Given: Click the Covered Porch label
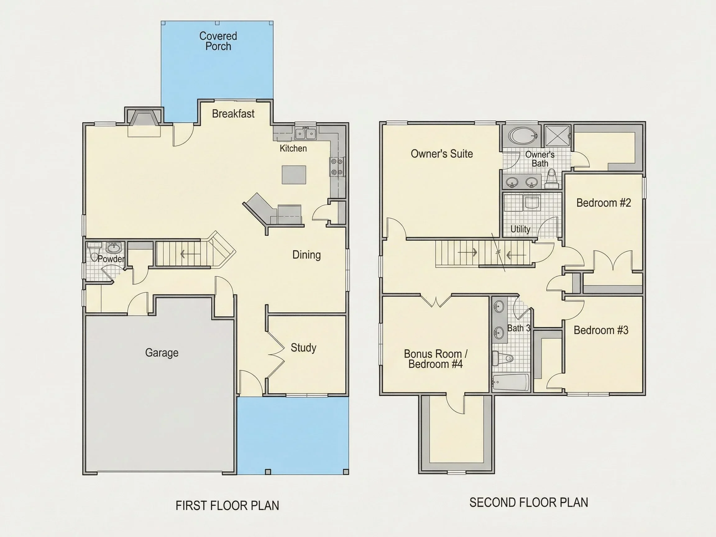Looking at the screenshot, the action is pyautogui.click(x=218, y=41).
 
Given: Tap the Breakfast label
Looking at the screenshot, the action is pyautogui.click(x=233, y=114).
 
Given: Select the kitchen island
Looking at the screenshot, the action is pyautogui.click(x=294, y=175).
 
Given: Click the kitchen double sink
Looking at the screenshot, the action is pyautogui.click(x=305, y=134).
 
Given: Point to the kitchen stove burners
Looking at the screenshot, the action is pyautogui.click(x=337, y=167).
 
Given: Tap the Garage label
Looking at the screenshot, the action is pyautogui.click(x=162, y=352).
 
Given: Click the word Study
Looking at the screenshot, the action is pyautogui.click(x=303, y=348).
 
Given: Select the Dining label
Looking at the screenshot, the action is pyautogui.click(x=306, y=255).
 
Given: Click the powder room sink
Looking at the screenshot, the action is pyautogui.click(x=114, y=248).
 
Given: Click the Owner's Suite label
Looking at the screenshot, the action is pyautogui.click(x=442, y=154).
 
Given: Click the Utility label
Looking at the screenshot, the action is pyautogui.click(x=520, y=229).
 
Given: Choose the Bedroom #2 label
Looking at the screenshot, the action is pyautogui.click(x=604, y=203).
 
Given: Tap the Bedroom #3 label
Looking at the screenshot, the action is pyautogui.click(x=601, y=330).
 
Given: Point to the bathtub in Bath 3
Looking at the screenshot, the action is pyautogui.click(x=511, y=383).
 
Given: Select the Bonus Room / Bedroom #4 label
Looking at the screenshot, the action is pyautogui.click(x=435, y=359).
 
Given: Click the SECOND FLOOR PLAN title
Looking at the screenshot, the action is pyautogui.click(x=529, y=503).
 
